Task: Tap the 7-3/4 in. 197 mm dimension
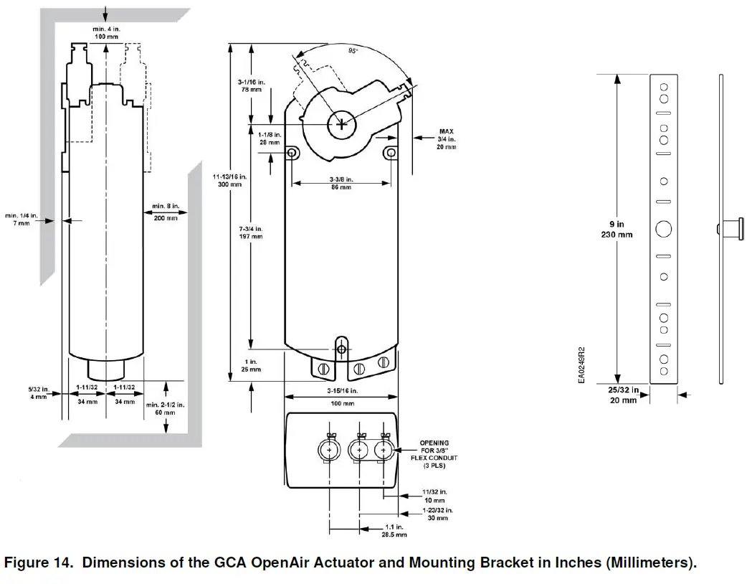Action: [251, 231]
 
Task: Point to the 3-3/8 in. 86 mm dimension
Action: [340, 183]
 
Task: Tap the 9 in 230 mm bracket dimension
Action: [614, 230]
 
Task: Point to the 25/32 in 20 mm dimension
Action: [623, 395]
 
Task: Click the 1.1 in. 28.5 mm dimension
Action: [395, 530]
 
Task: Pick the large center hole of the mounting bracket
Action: [664, 229]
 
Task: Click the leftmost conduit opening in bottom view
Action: [329, 449]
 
